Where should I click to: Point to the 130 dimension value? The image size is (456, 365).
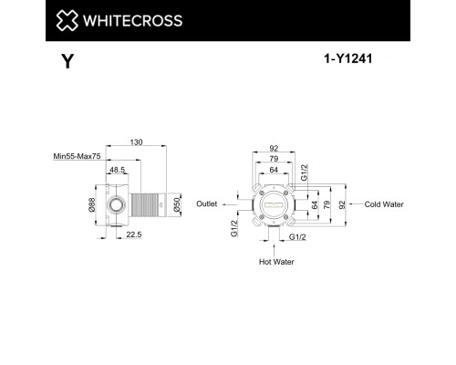[135, 142]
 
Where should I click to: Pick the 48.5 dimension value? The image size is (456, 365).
[118, 170]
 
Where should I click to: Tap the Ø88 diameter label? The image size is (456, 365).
[91, 206]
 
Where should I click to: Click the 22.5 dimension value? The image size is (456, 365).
[132, 235]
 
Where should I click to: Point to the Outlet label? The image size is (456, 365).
[208, 204]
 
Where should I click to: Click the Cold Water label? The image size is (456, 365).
[384, 204]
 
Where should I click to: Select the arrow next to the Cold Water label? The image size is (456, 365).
[355, 204]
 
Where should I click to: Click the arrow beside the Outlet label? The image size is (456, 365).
[227, 204]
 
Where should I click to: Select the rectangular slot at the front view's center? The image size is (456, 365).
[274, 206]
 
